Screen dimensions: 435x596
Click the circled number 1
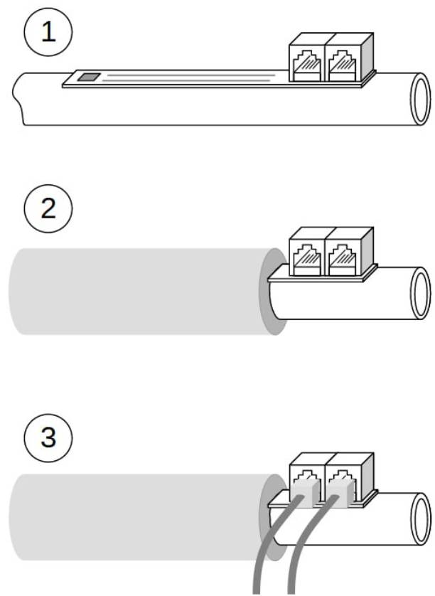48,32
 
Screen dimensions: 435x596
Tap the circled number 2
48,208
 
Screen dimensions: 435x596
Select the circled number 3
48,437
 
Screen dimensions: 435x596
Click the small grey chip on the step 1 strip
89,78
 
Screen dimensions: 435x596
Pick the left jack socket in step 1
307,65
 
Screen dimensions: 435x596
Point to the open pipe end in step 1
421,98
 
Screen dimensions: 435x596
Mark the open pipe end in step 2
421,293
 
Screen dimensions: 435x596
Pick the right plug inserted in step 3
340,492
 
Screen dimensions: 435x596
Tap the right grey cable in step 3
304,548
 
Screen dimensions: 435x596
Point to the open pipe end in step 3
421,519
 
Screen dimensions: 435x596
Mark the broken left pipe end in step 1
18,98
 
